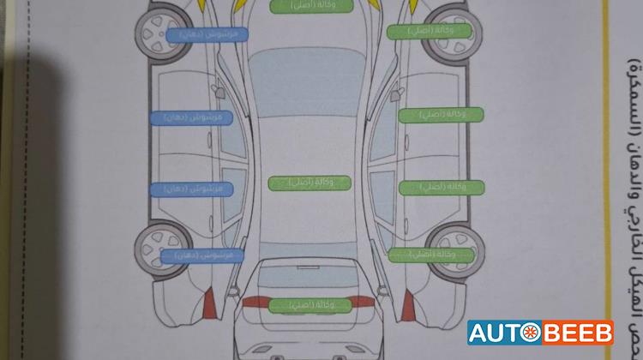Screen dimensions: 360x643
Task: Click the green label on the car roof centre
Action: coord(310,183)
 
